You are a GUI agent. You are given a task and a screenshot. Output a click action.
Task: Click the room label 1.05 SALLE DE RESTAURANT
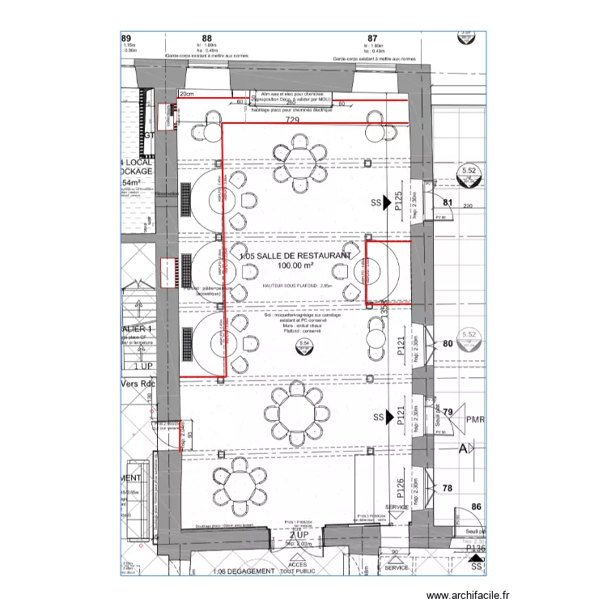coord(295,255)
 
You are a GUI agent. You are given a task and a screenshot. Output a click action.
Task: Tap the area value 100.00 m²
coord(296,265)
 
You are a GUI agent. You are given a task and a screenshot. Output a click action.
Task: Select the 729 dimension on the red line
coord(293,120)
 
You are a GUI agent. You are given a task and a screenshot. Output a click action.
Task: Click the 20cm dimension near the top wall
coord(187,95)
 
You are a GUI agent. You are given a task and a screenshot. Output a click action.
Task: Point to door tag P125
coord(398,199)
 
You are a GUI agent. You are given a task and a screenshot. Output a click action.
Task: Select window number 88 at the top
coord(207,38)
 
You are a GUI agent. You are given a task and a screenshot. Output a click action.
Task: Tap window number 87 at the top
coord(373,38)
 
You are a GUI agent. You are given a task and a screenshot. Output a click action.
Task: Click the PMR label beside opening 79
coord(475,420)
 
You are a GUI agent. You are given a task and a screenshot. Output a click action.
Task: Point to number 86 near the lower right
coord(476,507)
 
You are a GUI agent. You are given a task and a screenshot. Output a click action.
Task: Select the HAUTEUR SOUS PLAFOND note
coord(297,286)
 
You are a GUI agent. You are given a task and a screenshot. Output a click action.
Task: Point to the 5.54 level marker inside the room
coord(305,344)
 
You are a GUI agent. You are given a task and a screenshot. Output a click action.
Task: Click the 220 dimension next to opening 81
coord(468,206)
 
